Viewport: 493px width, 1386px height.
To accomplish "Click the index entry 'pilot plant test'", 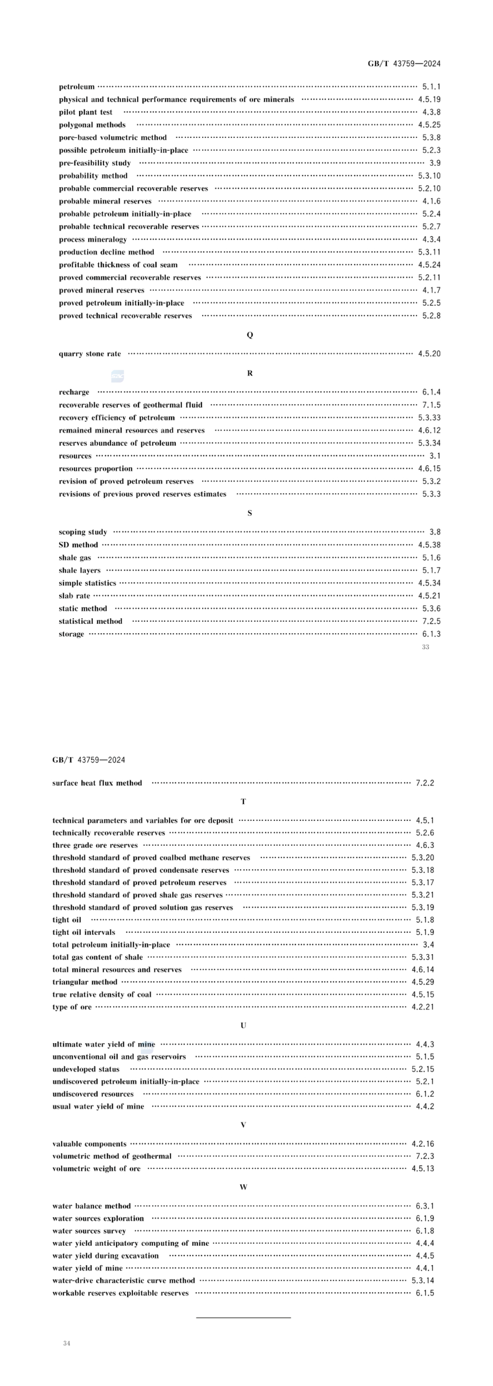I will [85, 112].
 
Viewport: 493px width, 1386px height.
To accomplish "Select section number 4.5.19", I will [429, 100].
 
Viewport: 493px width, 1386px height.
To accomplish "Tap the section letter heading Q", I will [250, 335].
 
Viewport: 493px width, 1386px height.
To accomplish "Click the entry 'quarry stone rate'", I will [90, 353].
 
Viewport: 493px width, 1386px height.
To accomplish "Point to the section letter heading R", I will [250, 373].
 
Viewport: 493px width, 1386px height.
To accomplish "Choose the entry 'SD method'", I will [78, 545].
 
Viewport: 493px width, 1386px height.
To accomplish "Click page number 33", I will [425, 647].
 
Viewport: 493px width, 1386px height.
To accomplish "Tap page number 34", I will [67, 1343].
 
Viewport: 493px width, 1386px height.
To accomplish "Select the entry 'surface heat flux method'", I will [97, 783].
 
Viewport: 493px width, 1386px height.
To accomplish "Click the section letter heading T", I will [243, 802].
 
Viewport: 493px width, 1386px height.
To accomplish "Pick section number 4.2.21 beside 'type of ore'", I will [423, 1007].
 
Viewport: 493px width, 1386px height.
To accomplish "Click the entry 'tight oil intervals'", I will [84, 932].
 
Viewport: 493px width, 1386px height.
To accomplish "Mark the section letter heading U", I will [243, 1025].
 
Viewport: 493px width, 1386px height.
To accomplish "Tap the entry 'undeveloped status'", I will [85, 1069].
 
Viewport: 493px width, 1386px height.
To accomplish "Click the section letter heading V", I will [243, 1124].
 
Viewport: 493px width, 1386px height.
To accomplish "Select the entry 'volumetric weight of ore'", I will [96, 1168].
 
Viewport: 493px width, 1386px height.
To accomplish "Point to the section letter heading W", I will [243, 1187].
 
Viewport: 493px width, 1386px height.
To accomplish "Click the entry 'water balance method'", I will [91, 1206].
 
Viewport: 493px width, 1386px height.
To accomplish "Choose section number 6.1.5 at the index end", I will [425, 1293].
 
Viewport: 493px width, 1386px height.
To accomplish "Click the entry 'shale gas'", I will [75, 557].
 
